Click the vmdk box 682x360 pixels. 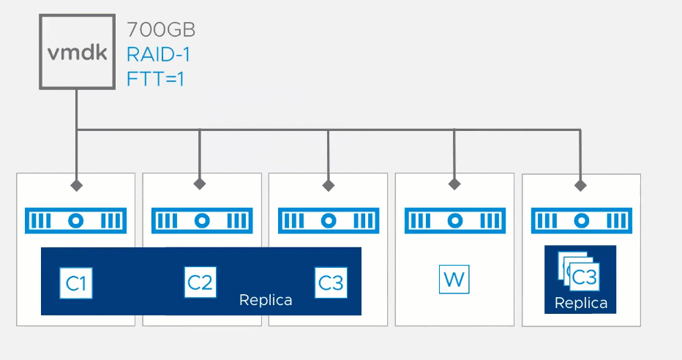[77, 52]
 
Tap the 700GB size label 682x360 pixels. [161, 30]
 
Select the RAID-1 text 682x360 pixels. [158, 55]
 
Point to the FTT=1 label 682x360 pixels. [155, 79]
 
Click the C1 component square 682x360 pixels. [76, 283]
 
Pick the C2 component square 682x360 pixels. [200, 282]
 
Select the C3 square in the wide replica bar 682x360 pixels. [331, 282]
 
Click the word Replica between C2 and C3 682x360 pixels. [266, 300]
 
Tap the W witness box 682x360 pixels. [454, 279]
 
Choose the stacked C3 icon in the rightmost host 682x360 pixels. [579, 271]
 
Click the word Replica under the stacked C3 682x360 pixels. [581, 303]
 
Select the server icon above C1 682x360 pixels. [75, 220]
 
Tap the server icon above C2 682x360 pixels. [202, 220]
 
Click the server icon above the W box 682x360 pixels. [455, 220]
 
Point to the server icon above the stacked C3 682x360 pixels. [582, 220]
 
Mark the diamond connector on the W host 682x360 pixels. [454, 184]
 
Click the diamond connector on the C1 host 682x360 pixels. [77, 185]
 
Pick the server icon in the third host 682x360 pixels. [329, 220]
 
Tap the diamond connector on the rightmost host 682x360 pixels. [580, 186]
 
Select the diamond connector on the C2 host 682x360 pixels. [200, 184]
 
